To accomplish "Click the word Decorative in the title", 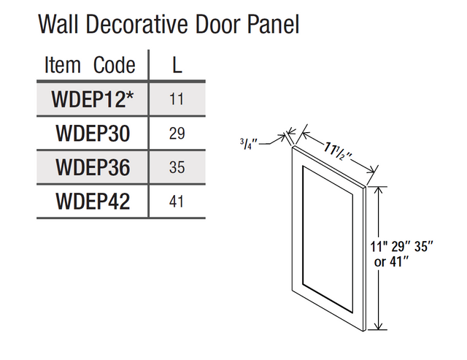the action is click(136, 24).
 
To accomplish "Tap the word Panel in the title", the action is click(273, 24).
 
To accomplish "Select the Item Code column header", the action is click(90, 65).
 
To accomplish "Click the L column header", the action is click(177, 65).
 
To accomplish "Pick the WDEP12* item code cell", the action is click(93, 99).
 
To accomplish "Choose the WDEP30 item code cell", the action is click(93, 133).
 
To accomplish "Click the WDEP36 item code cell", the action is click(93, 167).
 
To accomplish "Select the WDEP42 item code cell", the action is click(93, 201).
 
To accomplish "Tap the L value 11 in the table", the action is click(177, 99).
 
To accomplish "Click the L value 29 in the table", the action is click(177, 133).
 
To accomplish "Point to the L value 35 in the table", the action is click(177, 167).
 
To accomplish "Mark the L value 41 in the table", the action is click(177, 202).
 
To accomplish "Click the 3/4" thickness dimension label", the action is click(248, 144).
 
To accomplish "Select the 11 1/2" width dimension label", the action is click(338, 151).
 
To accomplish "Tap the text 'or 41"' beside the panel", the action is click(391, 261).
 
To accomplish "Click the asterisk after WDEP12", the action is click(129, 96).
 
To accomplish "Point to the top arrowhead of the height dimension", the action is click(378, 191).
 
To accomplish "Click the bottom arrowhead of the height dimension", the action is click(378, 326).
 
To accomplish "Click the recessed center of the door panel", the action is click(328, 238).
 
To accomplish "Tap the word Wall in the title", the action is click(58, 24).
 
